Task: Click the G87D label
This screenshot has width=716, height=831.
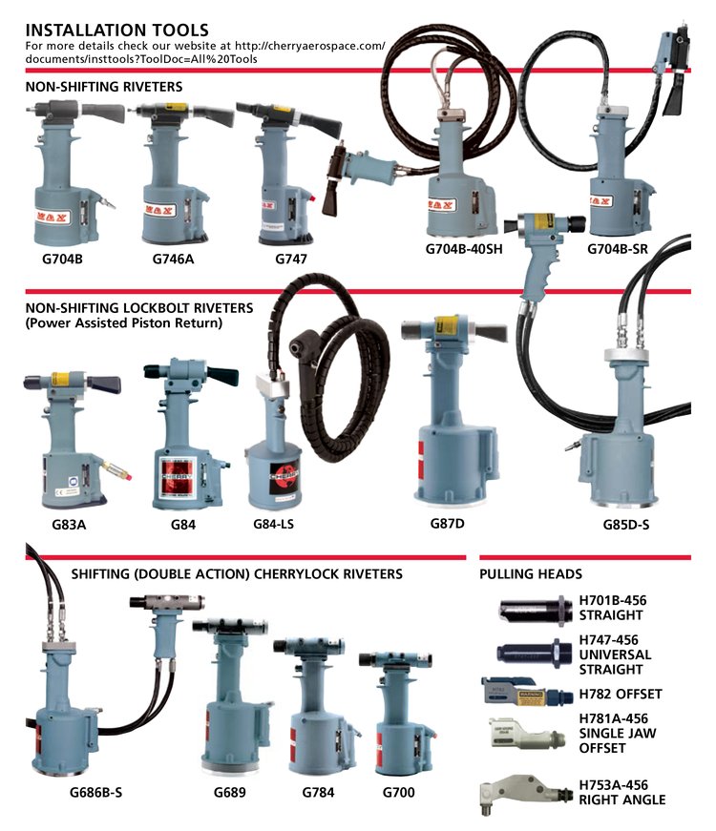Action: click(449, 523)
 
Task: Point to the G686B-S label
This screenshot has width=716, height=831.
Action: click(95, 792)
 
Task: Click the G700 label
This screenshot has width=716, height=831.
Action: click(398, 792)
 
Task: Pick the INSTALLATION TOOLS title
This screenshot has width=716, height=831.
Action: click(117, 31)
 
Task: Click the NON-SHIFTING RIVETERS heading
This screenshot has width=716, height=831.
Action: click(104, 87)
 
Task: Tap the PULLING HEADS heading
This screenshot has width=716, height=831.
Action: click(530, 574)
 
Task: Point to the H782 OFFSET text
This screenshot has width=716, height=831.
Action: click(621, 694)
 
